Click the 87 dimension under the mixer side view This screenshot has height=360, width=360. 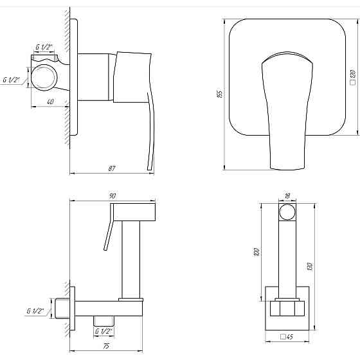[112, 168]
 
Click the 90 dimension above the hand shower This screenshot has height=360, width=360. [112, 195]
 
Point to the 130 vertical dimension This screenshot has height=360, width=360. [310, 265]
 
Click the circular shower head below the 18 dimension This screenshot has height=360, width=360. [287, 213]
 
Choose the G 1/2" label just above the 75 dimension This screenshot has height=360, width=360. [104, 332]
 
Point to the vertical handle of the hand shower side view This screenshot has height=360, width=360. [134, 257]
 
